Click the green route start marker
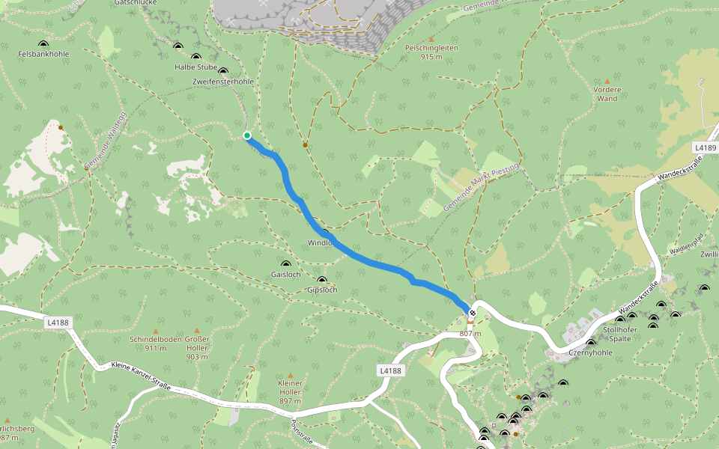click(x=247, y=135)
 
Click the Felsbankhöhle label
click(x=43, y=54)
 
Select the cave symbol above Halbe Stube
click(x=196, y=58)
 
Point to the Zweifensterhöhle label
click(x=223, y=81)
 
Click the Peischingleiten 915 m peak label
click(x=431, y=52)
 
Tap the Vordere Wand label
click(x=607, y=94)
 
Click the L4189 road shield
click(x=705, y=148)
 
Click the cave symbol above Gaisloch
click(x=285, y=264)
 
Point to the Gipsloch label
click(x=322, y=290)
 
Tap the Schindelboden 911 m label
click(x=156, y=343)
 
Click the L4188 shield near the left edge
click(x=57, y=323)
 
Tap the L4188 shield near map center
click(x=390, y=370)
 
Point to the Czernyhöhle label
click(x=591, y=353)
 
